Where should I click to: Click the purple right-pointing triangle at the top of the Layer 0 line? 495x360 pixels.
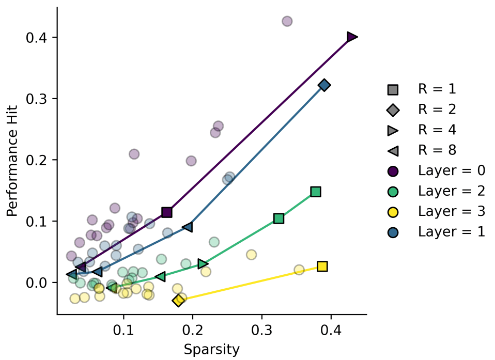352,37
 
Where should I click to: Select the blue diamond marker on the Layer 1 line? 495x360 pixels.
324,85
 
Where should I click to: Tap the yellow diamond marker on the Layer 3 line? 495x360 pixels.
178,300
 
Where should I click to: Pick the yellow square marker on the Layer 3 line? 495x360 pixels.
322,267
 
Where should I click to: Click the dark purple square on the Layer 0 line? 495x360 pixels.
167,212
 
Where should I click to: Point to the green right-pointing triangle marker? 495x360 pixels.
203,264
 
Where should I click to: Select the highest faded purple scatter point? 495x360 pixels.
287,21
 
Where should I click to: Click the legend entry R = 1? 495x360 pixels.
437,89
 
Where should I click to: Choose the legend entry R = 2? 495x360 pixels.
437,109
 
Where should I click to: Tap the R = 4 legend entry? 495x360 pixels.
437,130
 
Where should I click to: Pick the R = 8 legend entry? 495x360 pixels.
437,150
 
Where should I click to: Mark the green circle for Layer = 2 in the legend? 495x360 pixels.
393,191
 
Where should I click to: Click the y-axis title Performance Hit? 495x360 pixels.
12,161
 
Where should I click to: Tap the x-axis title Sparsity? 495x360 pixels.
211,350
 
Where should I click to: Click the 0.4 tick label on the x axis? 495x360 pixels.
331,328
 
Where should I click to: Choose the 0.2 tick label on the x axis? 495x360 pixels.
193,328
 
